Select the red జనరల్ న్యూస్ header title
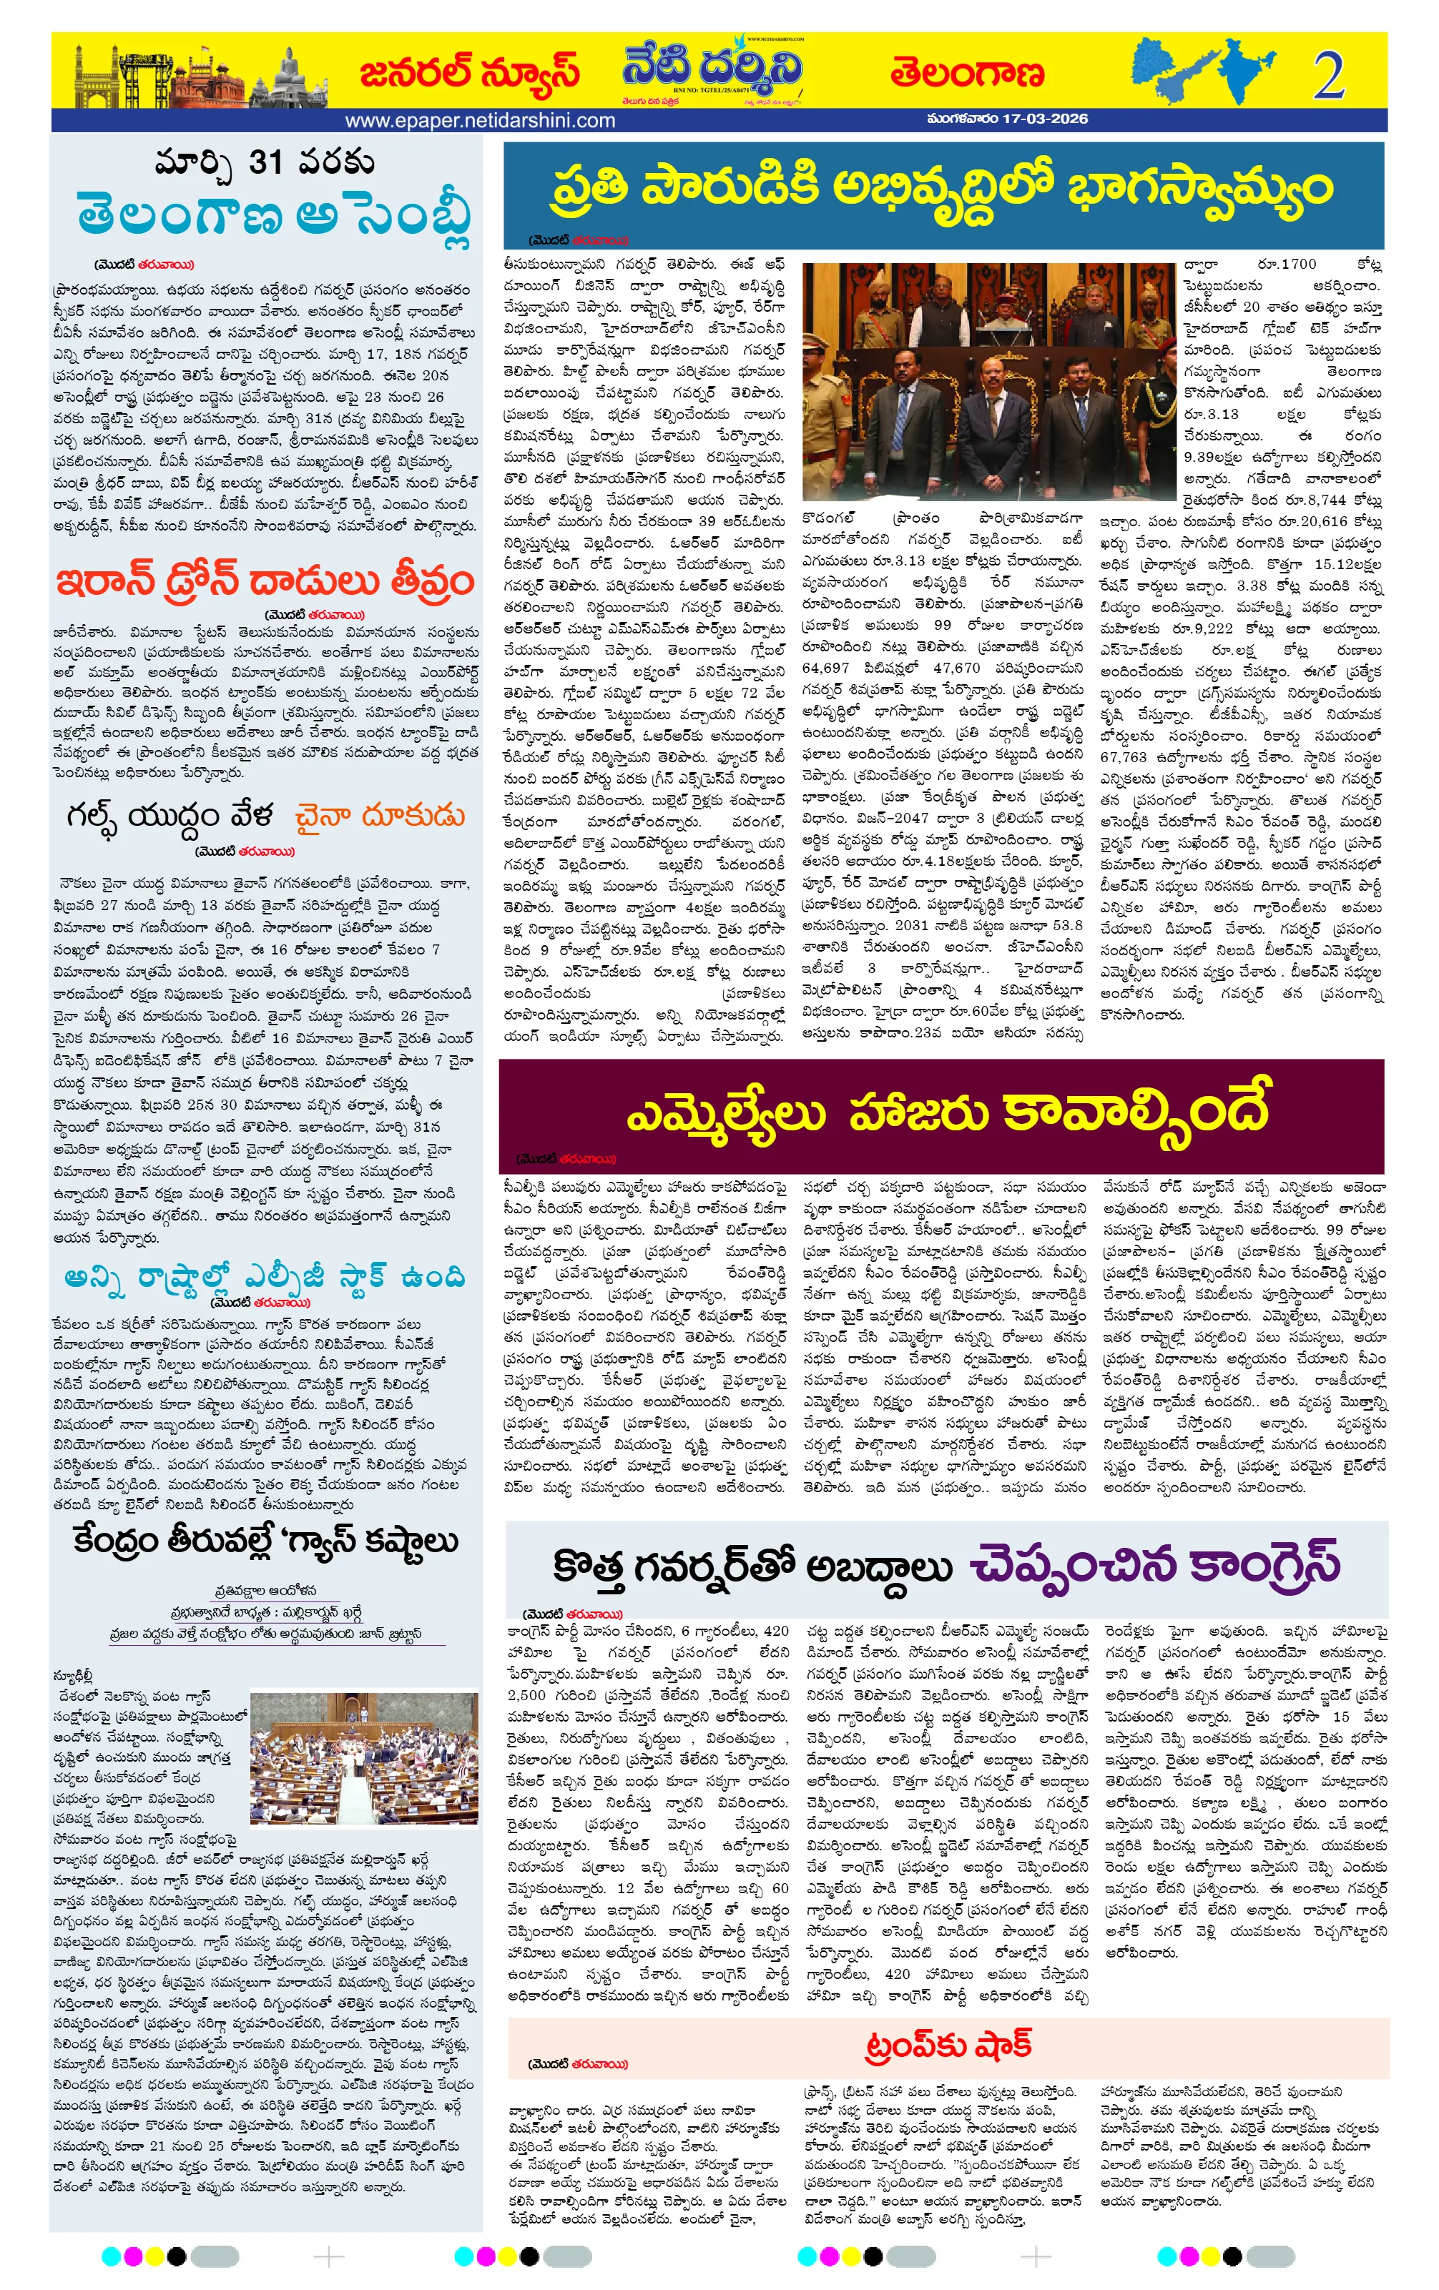pos(469,72)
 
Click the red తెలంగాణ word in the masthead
pos(966,73)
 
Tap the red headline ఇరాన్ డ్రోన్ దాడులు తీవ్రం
pos(265,580)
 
